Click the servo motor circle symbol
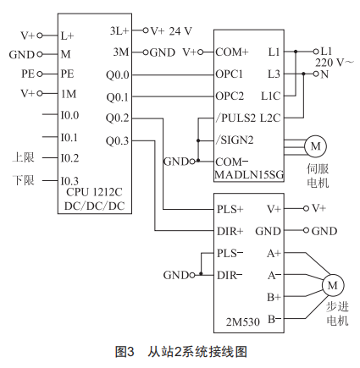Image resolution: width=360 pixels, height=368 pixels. (x=315, y=146)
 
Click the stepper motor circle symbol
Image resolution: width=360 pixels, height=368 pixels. (x=333, y=285)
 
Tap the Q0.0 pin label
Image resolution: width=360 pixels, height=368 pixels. (x=118, y=75)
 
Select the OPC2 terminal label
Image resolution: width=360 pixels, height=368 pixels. (x=230, y=96)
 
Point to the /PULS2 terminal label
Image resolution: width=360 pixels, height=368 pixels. (x=235, y=118)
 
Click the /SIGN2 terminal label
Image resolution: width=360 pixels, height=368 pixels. (x=235, y=140)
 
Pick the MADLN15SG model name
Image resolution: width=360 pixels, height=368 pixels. (x=249, y=175)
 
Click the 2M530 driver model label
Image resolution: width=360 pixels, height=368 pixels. (x=243, y=321)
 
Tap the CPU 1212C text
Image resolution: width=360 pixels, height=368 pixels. (x=94, y=192)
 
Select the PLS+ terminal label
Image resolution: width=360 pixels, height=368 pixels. (x=230, y=209)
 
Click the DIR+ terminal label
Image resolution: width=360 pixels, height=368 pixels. (x=230, y=231)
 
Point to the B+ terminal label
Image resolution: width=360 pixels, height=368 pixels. (x=274, y=297)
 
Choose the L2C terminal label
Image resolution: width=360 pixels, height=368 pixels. (x=270, y=118)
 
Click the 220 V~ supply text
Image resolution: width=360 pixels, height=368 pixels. (x=334, y=63)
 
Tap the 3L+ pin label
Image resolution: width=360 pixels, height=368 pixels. (x=119, y=30)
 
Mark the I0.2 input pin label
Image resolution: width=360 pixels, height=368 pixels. (x=69, y=158)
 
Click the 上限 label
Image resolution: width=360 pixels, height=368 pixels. (x=24, y=157)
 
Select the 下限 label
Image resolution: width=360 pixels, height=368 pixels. (x=24, y=180)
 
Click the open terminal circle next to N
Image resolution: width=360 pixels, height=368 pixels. (x=316, y=74)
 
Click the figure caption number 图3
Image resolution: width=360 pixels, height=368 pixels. (x=125, y=352)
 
